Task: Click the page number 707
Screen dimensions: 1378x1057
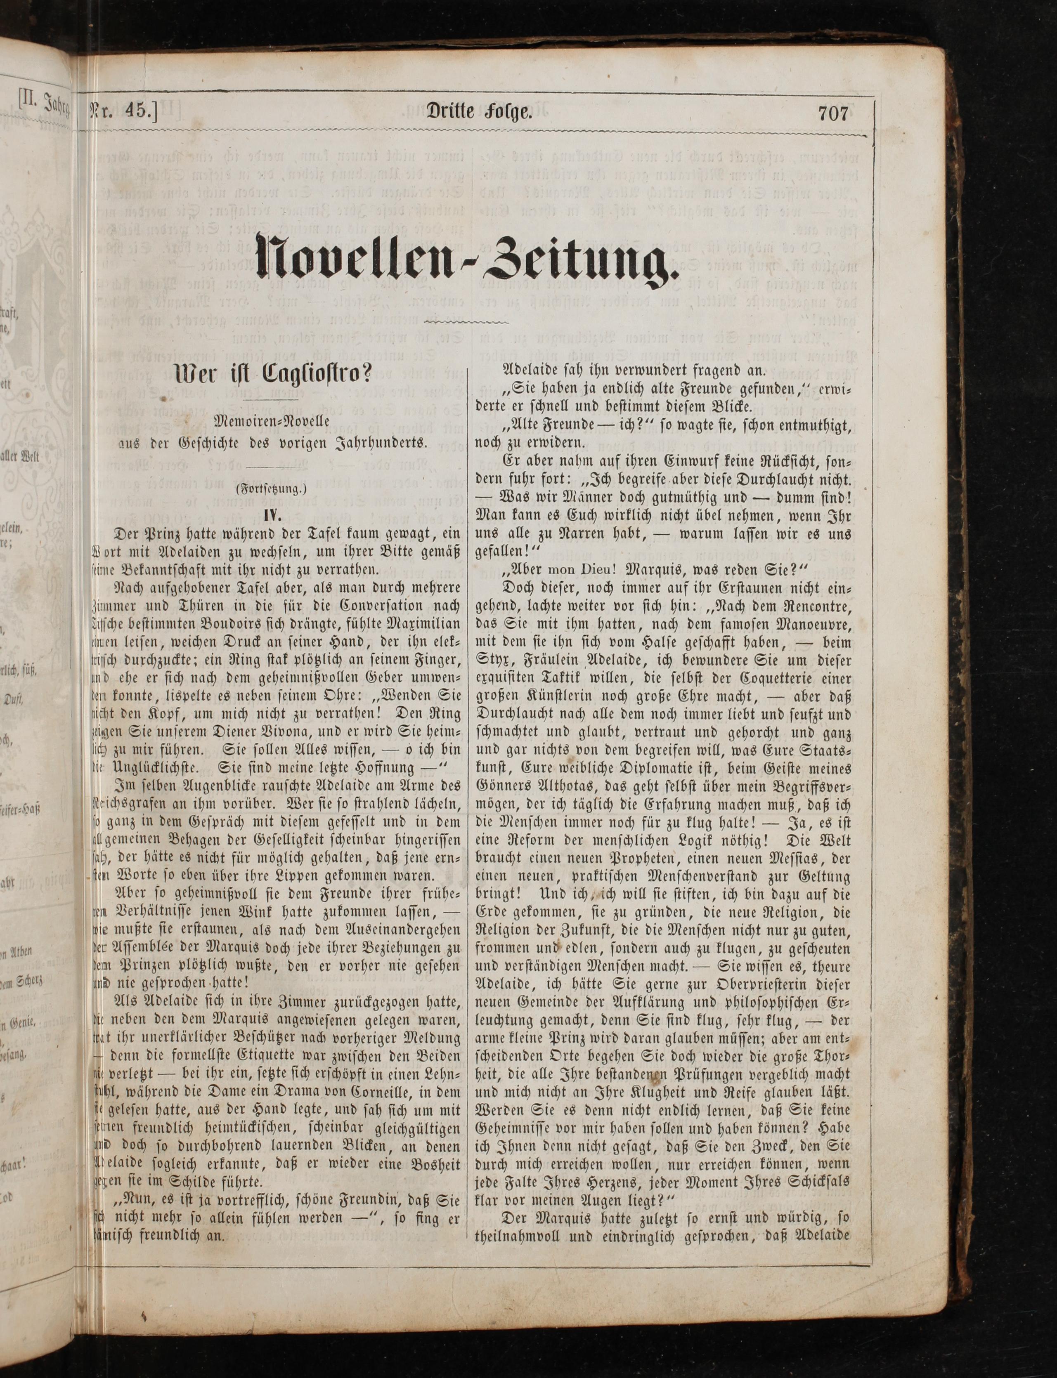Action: pos(833,114)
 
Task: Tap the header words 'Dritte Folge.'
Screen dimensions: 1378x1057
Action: pos(480,113)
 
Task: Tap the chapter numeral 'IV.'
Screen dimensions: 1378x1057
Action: pos(271,513)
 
